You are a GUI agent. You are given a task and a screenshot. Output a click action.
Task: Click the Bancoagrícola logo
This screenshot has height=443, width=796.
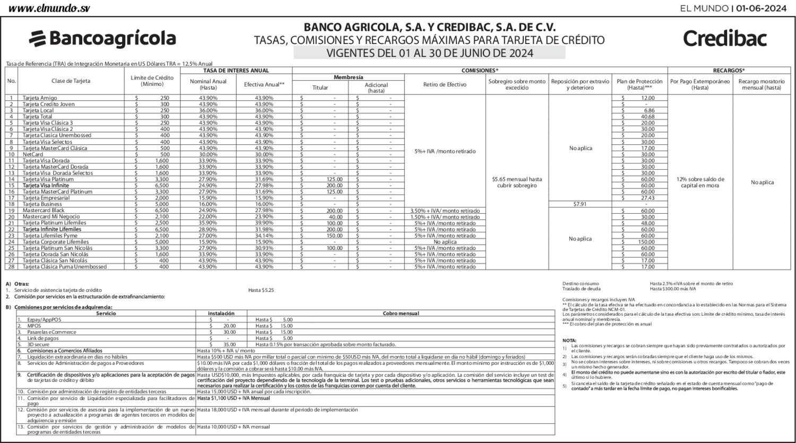[x=102, y=39]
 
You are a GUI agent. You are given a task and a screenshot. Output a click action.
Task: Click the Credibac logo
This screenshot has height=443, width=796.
[x=725, y=39]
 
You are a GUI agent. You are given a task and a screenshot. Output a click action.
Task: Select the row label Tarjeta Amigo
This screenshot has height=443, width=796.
[x=39, y=98]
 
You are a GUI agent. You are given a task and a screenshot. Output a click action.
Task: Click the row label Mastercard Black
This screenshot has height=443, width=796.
[x=44, y=211]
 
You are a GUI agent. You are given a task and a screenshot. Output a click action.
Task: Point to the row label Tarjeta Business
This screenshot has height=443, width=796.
[x=42, y=204]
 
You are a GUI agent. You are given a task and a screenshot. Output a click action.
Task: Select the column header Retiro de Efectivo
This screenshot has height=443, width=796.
[x=444, y=84]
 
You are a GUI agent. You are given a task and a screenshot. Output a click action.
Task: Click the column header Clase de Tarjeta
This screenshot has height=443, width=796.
[x=71, y=81]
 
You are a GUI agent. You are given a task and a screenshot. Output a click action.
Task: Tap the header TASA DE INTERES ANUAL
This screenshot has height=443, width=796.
[x=236, y=71]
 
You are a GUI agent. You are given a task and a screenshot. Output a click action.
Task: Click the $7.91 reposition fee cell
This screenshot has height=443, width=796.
[x=580, y=204]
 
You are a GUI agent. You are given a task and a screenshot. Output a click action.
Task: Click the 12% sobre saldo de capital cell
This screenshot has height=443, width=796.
[x=700, y=183]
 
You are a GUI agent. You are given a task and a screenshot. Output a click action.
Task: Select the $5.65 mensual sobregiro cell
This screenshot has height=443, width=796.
[x=516, y=183]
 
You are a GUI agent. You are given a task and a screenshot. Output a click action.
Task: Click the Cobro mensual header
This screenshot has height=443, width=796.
[x=401, y=314]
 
